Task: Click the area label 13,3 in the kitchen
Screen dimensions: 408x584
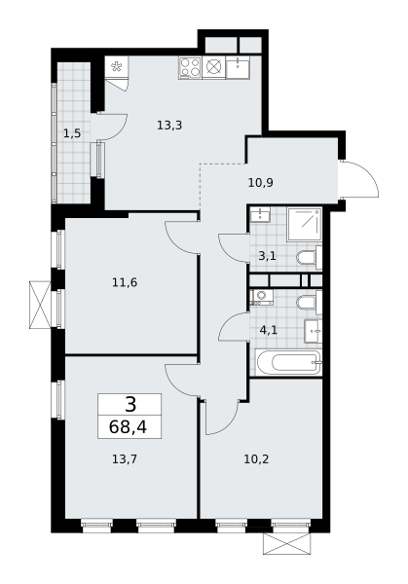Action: point(169,126)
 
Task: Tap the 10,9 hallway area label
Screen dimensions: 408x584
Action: point(261,183)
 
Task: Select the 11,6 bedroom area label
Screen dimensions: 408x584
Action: point(125,282)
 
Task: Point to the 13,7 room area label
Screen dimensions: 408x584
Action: point(125,458)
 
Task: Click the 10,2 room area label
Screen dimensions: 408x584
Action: point(256,458)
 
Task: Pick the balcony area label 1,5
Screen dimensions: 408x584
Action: point(72,133)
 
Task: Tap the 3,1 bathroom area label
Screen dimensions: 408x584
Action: point(267,256)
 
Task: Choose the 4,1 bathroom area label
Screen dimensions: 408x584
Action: point(269,330)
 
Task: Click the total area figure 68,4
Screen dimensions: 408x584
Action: point(128,427)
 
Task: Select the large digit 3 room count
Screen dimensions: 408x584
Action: point(130,405)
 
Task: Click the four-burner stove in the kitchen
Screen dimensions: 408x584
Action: point(190,67)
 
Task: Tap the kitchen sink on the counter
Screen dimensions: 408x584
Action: point(238,67)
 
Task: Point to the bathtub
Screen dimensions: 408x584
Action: point(289,362)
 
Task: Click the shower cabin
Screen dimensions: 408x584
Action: point(305,224)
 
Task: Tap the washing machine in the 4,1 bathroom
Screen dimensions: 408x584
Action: point(262,297)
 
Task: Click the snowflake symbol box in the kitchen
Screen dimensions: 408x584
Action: point(117,66)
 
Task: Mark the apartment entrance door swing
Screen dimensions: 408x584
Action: point(360,179)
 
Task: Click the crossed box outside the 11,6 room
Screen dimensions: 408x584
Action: point(40,305)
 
